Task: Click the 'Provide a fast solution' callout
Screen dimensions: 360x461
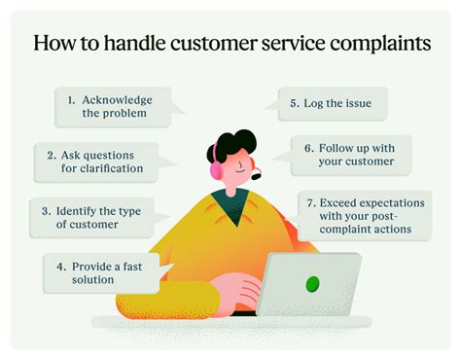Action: tap(102, 272)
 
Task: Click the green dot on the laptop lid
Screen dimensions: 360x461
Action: tap(312, 284)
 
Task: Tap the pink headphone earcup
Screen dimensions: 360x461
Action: tap(215, 170)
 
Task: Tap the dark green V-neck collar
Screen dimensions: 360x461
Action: tap(232, 207)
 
